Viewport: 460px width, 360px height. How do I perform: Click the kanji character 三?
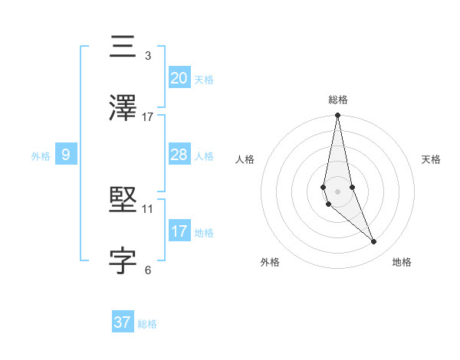click(123, 47)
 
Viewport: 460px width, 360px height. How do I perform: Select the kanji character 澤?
click(123, 108)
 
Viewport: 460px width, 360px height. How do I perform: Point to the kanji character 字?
click(123, 260)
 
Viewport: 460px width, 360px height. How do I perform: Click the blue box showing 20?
click(179, 77)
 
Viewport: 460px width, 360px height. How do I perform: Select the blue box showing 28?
click(179, 155)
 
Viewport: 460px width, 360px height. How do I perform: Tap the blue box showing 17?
click(179, 231)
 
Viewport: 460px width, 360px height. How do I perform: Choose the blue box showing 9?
click(66, 155)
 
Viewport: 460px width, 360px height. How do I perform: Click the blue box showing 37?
click(122, 322)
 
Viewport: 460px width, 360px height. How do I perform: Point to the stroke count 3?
click(148, 56)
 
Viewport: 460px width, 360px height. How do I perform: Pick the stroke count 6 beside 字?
click(148, 270)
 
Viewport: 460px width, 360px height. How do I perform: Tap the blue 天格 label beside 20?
click(204, 79)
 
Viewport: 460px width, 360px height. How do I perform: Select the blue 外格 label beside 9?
click(41, 156)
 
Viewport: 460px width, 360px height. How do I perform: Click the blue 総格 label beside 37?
click(147, 324)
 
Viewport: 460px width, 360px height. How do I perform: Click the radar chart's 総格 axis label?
click(337, 100)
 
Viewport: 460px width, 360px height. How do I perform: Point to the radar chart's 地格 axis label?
click(402, 262)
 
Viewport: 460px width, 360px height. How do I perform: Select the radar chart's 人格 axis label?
click(245, 159)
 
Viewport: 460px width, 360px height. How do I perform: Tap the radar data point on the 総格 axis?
click(337, 116)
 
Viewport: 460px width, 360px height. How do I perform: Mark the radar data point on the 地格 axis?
click(374, 242)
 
